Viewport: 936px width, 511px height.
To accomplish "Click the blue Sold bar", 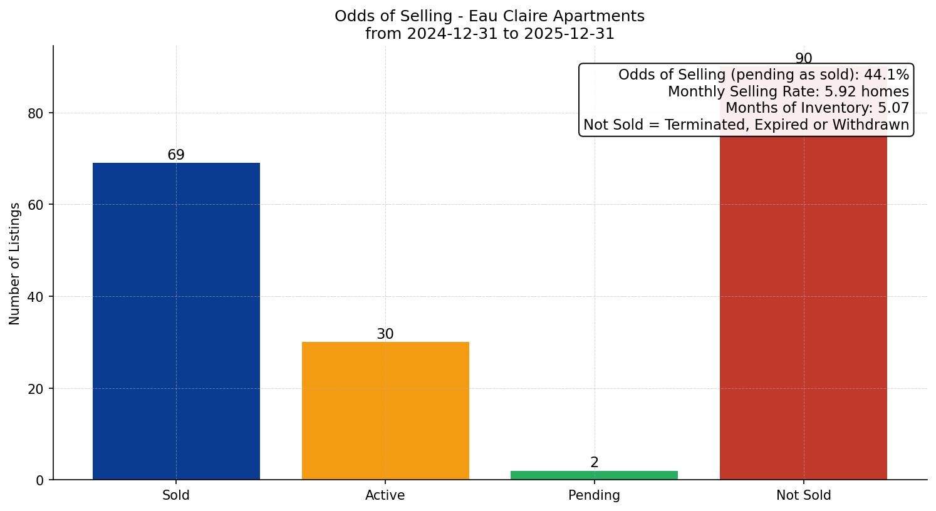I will (x=176, y=321).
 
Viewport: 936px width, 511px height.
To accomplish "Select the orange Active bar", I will (x=385, y=410).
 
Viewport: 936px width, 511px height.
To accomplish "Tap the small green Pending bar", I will (x=594, y=475).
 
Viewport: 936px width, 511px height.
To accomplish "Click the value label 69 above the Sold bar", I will (x=176, y=155).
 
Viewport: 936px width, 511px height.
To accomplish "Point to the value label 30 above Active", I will (x=385, y=334).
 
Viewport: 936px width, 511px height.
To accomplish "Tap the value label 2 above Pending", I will (x=594, y=462).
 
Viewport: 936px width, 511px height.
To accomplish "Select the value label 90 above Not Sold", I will (x=803, y=58).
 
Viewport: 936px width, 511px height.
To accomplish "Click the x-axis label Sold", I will (x=176, y=495).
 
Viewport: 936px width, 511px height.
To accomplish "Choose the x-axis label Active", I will (x=385, y=495).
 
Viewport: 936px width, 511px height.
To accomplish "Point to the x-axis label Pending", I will (x=594, y=495).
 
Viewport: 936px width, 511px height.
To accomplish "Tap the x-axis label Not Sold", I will (x=803, y=495).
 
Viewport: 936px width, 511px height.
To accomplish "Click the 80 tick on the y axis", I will (x=36, y=113).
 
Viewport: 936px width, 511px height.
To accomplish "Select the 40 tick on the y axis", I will (x=36, y=297).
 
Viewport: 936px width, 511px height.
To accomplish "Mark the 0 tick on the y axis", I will (x=40, y=480).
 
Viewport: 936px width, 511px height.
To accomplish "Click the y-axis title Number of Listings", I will (x=15, y=263).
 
